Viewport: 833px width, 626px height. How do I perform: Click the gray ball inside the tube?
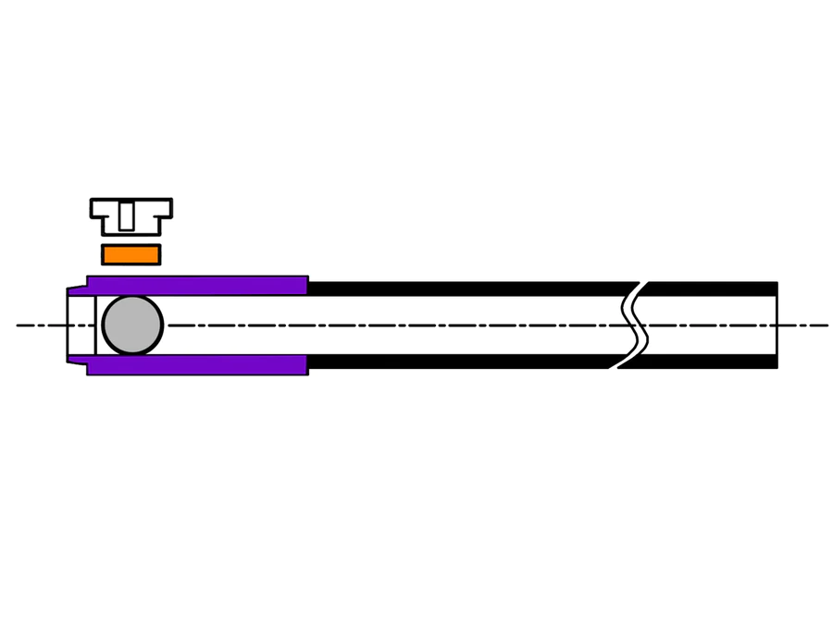(x=132, y=325)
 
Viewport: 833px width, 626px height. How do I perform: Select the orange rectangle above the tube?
(x=131, y=254)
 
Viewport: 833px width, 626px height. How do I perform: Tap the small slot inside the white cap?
(x=126, y=216)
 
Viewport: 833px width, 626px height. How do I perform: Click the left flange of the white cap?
(x=98, y=208)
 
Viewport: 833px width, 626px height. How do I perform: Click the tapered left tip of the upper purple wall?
(x=77, y=290)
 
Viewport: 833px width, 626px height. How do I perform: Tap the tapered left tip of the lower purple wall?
(x=77, y=360)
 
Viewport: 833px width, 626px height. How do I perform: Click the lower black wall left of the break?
(x=463, y=361)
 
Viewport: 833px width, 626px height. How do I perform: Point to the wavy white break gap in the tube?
(x=633, y=325)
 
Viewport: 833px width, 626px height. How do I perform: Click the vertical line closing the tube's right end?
(x=777, y=325)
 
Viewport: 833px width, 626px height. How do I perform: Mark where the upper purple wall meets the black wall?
(x=307, y=286)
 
